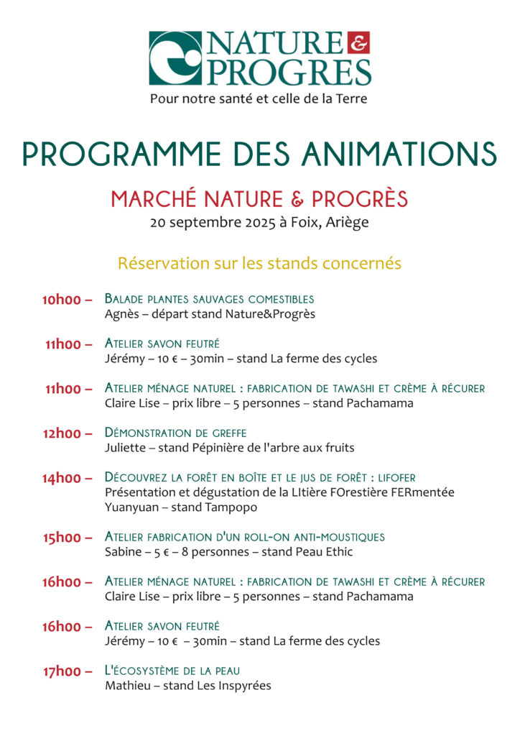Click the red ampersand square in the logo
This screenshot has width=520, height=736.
click(x=360, y=44)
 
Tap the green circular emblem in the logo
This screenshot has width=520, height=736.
click(x=175, y=58)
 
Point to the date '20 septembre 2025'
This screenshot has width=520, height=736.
click(x=212, y=222)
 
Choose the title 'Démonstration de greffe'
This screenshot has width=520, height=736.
click(x=175, y=433)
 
